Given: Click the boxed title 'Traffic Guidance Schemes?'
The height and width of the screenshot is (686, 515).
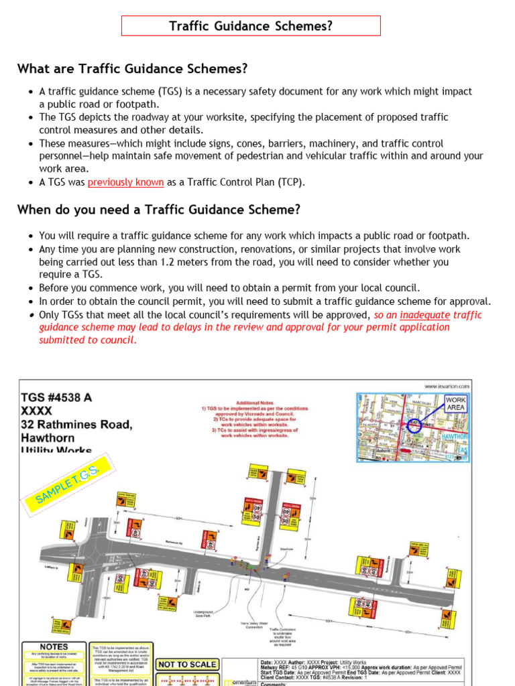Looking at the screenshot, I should [250, 26].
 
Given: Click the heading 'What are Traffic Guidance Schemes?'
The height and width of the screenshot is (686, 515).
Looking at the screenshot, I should [132, 69].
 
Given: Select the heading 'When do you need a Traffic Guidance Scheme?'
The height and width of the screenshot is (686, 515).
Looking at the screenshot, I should [158, 210].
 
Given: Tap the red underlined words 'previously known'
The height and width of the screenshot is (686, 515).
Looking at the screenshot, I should [125, 182].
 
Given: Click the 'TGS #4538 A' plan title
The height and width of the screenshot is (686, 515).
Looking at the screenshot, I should [56, 397].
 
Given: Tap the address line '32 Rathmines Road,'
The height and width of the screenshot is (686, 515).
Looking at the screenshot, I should [76, 425].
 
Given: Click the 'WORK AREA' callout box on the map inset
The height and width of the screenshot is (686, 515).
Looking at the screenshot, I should [455, 403].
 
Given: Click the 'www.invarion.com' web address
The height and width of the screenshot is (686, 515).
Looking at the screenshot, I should [447, 386].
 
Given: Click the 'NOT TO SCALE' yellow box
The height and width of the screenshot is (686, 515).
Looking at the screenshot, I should [187, 665].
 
